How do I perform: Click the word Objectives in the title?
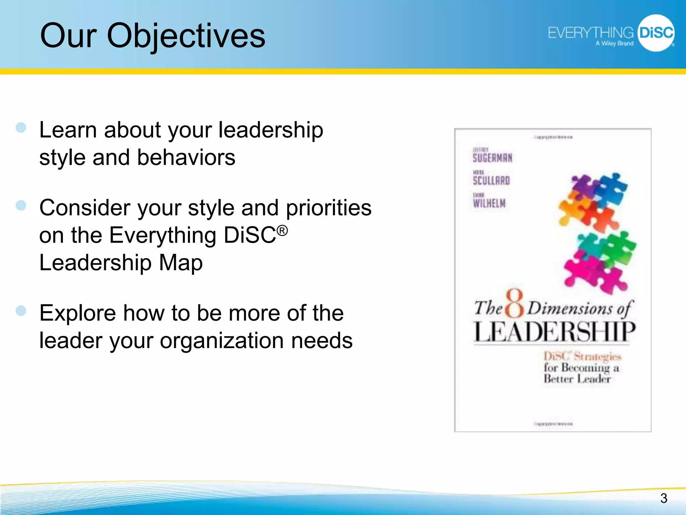click(186, 36)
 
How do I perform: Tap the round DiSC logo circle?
click(656, 33)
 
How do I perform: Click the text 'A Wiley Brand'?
click(614, 44)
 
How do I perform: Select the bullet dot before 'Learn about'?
click(21, 127)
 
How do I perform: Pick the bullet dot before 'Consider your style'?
click(21, 205)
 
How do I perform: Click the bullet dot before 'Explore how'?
click(21, 310)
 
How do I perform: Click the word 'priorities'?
click(328, 208)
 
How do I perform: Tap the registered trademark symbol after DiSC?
click(282, 231)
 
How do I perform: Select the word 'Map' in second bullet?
click(181, 263)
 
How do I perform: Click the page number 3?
click(664, 498)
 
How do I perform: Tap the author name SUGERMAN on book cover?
click(492, 158)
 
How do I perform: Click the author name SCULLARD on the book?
click(491, 181)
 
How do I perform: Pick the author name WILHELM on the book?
click(489, 203)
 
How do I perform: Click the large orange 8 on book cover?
click(514, 303)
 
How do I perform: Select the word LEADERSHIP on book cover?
click(554, 332)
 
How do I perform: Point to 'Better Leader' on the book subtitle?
click(577, 379)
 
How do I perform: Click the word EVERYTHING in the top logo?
click(590, 33)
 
